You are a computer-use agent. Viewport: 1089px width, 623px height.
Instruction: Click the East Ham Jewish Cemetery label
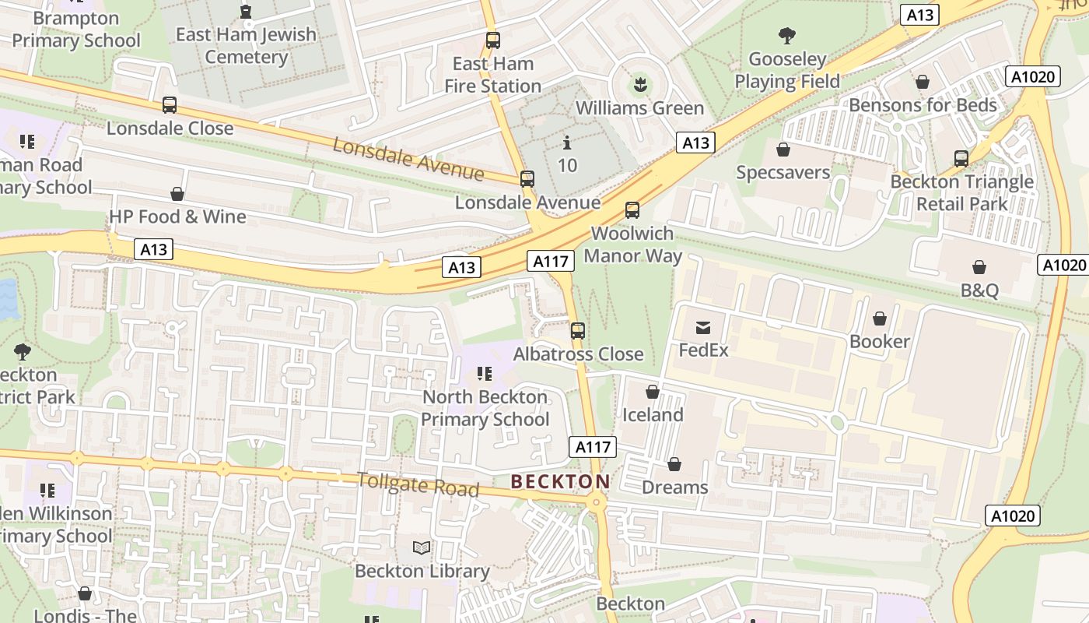click(x=246, y=45)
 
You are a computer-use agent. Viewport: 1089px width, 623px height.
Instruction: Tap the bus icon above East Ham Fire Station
click(x=492, y=40)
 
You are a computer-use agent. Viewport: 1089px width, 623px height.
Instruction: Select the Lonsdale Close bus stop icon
click(x=170, y=105)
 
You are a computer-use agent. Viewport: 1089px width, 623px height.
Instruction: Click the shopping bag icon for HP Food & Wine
click(x=177, y=194)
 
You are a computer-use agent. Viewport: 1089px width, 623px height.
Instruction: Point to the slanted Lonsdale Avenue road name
click(x=408, y=158)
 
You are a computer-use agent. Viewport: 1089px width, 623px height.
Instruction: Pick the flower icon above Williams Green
click(x=639, y=83)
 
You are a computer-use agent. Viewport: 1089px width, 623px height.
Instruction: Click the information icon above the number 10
click(x=567, y=143)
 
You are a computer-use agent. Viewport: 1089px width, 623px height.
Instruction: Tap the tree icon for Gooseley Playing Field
click(x=787, y=35)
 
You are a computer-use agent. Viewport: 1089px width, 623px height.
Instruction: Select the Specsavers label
click(x=783, y=172)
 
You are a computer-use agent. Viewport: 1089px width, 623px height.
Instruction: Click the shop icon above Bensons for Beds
click(x=923, y=82)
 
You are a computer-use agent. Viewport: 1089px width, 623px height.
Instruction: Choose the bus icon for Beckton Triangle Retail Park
click(x=961, y=159)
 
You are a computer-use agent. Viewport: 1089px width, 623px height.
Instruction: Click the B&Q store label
click(x=979, y=290)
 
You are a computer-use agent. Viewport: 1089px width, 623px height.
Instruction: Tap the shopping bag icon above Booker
click(x=880, y=319)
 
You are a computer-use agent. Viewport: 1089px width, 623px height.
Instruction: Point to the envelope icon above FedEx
click(x=703, y=327)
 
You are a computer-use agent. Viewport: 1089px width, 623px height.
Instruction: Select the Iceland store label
click(x=652, y=414)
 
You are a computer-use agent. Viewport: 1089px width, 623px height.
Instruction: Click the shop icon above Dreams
click(x=674, y=464)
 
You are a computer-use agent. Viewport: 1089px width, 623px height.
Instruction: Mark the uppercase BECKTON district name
click(x=560, y=481)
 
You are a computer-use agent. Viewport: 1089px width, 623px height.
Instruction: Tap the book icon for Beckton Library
click(x=422, y=548)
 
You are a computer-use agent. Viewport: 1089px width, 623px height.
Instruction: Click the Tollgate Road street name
click(x=418, y=484)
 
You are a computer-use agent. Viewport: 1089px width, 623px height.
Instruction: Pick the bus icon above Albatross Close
click(x=577, y=330)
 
